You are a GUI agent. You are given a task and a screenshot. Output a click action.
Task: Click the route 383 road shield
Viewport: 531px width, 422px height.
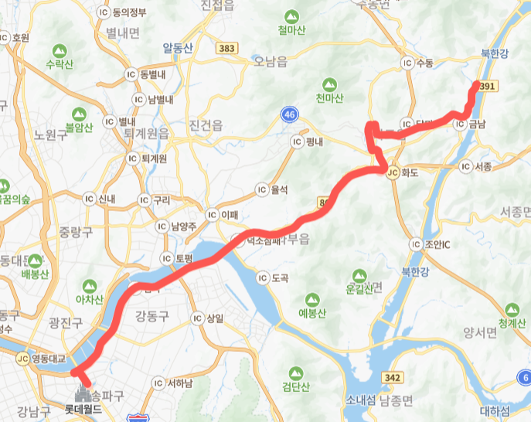coord(227,48)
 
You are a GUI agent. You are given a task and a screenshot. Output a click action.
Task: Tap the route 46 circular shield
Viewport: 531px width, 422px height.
coord(289,114)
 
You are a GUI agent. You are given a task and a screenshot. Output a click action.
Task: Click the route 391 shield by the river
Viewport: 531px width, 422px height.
coord(487,87)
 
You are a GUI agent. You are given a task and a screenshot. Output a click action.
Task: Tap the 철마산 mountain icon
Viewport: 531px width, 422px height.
coord(291,15)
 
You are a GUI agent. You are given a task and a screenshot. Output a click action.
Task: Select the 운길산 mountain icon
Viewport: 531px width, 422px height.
coord(358,275)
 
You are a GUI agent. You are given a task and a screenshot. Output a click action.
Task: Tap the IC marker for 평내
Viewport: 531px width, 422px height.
coord(297,142)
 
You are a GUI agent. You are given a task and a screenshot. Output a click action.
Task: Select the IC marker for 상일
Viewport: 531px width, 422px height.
coord(198,318)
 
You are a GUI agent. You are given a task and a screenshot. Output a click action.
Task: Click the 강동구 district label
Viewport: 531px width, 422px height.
coord(151,315)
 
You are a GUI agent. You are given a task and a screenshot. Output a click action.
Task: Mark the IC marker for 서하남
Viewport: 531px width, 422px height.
coord(159,383)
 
